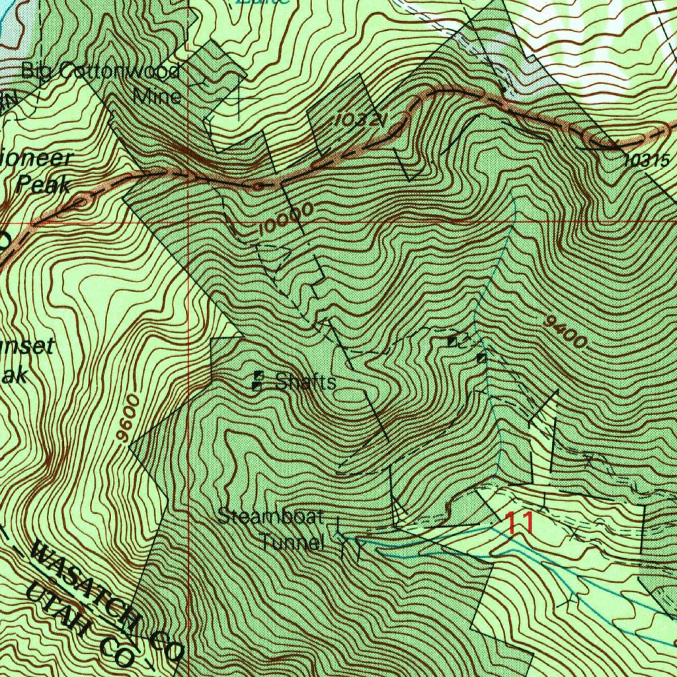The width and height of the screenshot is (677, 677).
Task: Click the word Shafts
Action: coord(305,381)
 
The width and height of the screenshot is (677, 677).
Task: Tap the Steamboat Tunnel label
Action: coord(271,529)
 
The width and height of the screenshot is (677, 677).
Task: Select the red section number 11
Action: coord(520,523)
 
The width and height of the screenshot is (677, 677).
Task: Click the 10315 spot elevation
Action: coord(646,159)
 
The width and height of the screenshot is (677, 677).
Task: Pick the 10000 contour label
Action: coord(286,220)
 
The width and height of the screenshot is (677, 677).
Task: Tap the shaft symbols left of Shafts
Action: coord(257,381)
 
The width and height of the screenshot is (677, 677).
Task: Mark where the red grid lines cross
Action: coord(189,222)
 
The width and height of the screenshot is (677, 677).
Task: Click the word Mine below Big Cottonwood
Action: coord(157,97)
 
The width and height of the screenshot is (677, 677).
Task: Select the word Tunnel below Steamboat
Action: coord(292,543)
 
